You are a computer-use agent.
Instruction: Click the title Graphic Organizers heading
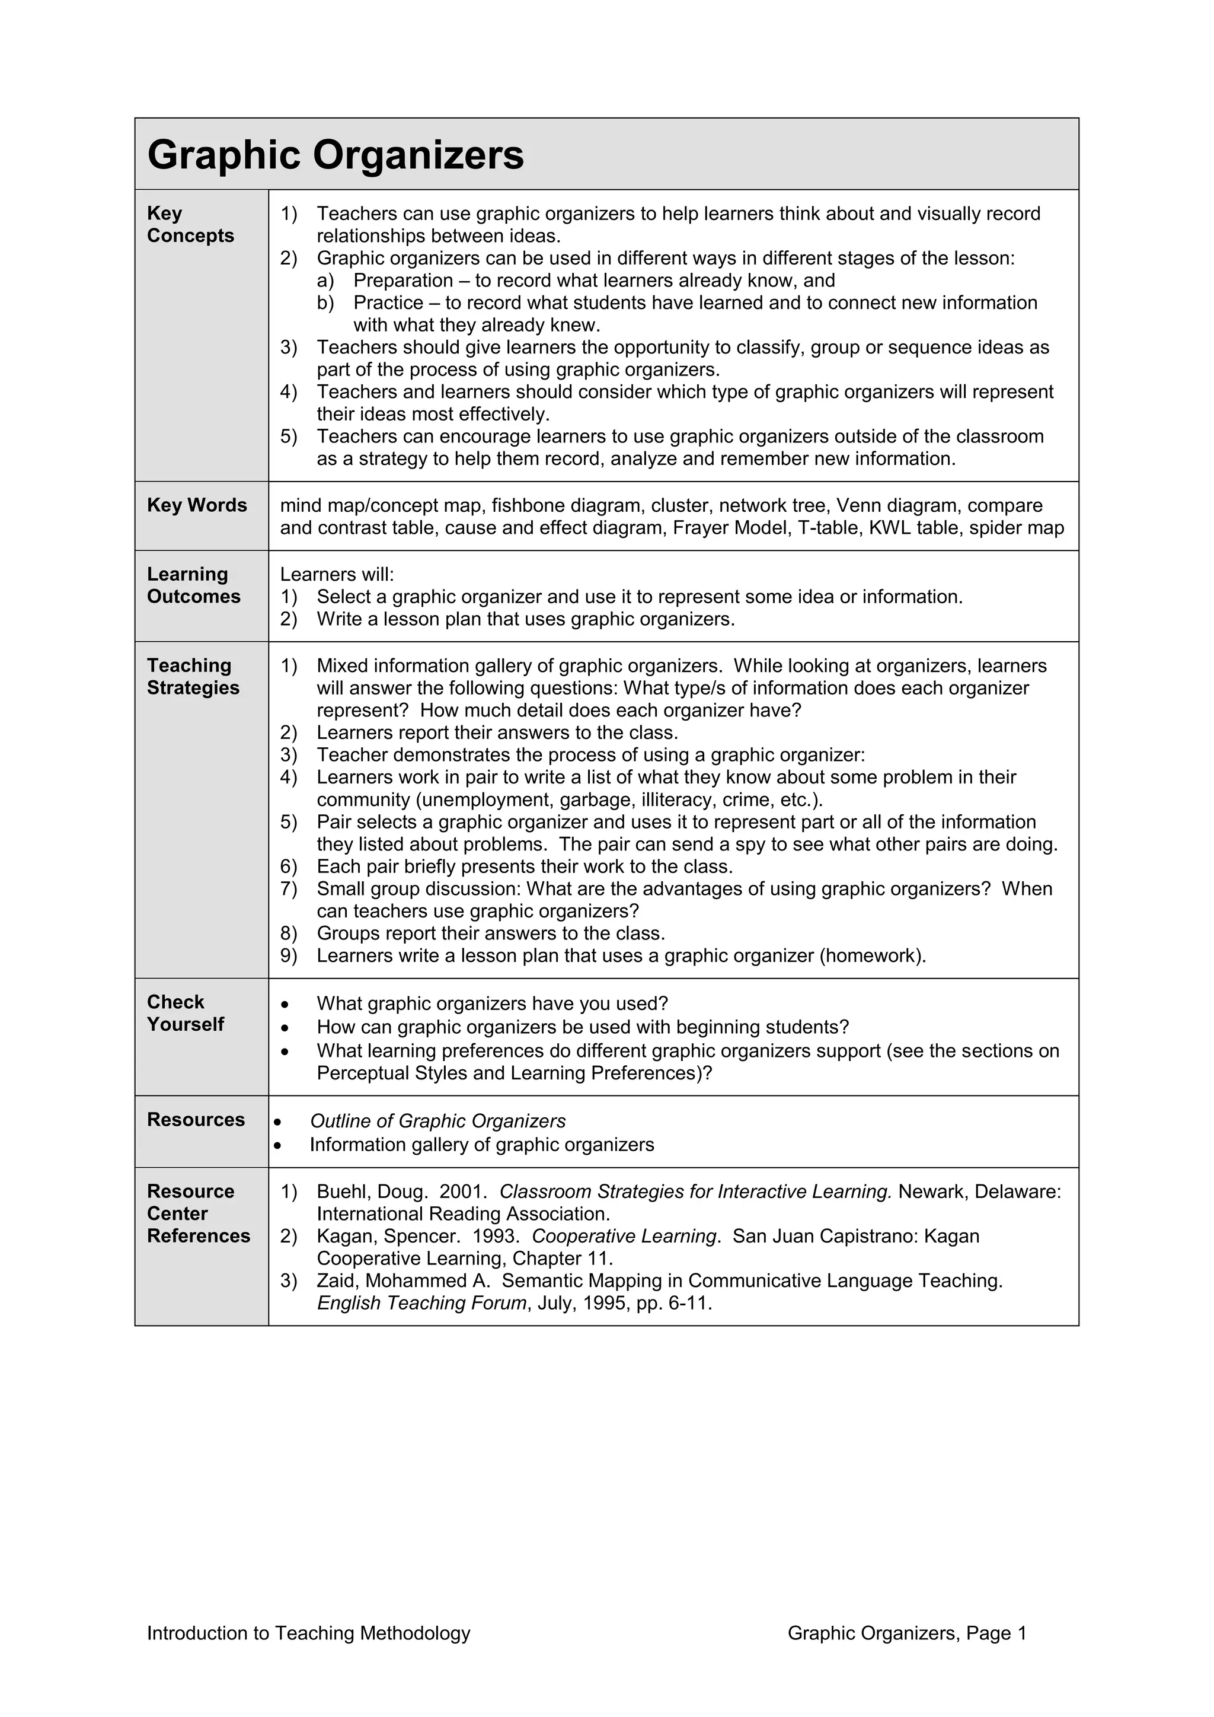pyautogui.click(x=336, y=155)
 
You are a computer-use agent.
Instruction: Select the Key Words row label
pyautogui.click(x=197, y=505)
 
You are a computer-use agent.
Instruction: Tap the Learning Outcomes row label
pyautogui.click(x=194, y=585)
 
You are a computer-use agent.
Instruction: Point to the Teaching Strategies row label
pyautogui.click(x=193, y=676)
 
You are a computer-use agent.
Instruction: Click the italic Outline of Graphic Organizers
pyautogui.click(x=437, y=1121)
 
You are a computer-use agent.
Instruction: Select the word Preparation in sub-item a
pyautogui.click(x=403, y=281)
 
